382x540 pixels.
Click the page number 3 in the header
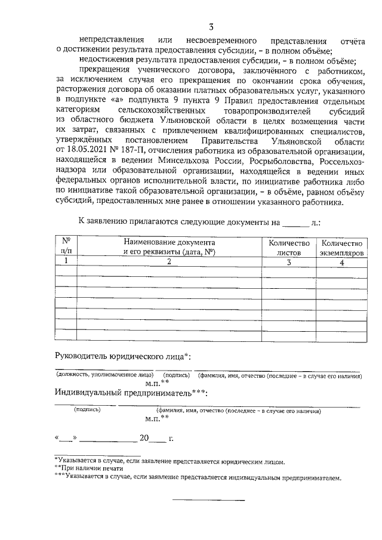click(x=211, y=26)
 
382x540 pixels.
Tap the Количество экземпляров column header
click(x=341, y=248)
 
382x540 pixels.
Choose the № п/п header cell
click(x=66, y=248)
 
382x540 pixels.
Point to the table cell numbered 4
click(x=341, y=261)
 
